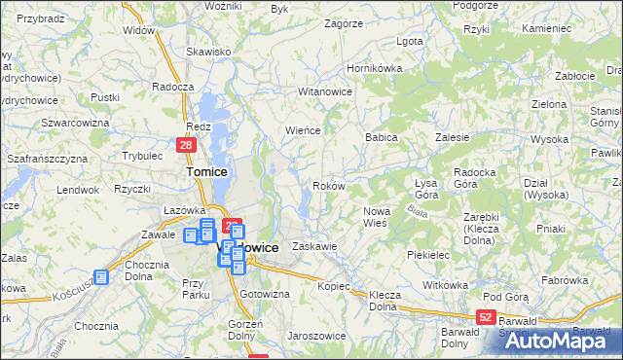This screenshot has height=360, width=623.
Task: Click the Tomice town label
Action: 206,171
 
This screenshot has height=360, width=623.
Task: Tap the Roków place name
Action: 328,186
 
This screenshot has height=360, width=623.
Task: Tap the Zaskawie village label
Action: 314,246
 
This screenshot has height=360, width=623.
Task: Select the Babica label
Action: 382,138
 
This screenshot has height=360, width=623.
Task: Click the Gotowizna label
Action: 265,294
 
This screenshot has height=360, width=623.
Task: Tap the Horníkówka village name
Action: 376,70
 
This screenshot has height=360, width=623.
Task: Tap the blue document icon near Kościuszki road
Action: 101,276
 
